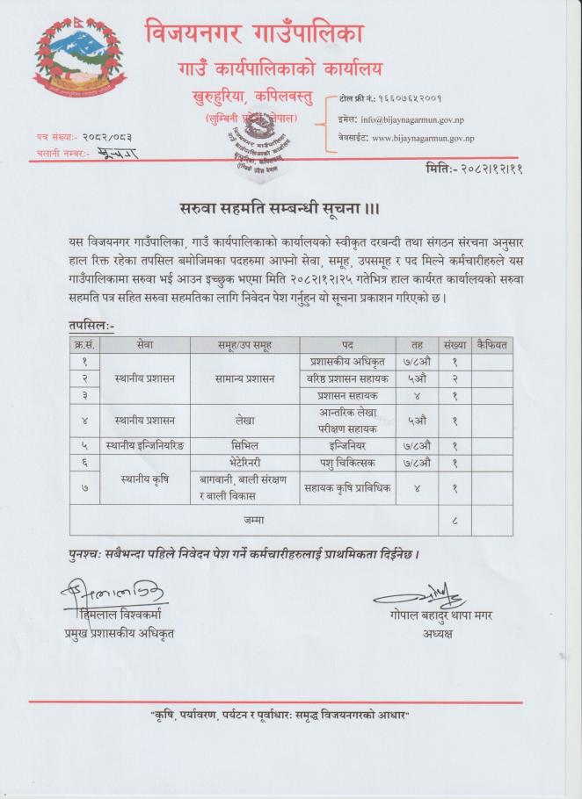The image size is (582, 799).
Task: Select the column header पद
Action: tap(347, 344)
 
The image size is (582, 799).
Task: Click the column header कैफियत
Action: tap(491, 344)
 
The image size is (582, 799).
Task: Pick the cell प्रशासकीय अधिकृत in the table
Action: tap(347, 361)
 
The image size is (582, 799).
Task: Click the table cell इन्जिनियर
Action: tap(347, 445)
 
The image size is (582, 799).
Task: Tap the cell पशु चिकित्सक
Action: tap(347, 462)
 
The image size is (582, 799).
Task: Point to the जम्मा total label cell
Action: tap(255, 521)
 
